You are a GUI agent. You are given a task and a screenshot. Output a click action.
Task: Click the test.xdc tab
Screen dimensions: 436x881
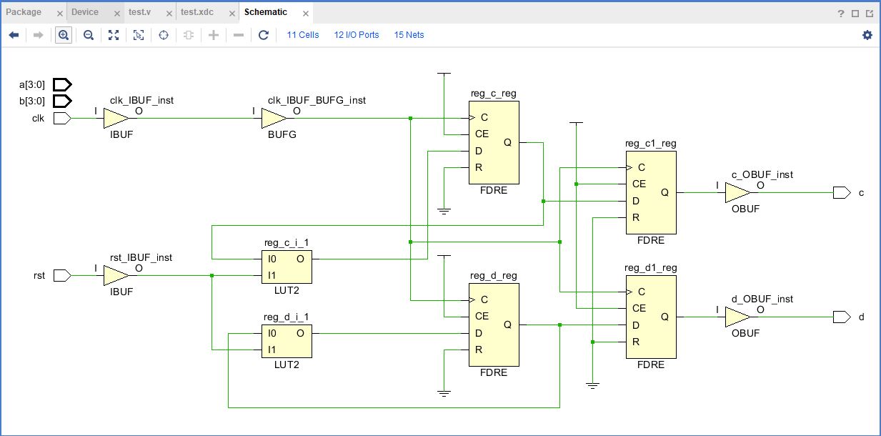point(200,12)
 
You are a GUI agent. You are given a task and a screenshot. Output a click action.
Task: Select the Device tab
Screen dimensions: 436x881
point(85,12)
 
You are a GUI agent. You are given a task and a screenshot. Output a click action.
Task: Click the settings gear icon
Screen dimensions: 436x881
point(867,35)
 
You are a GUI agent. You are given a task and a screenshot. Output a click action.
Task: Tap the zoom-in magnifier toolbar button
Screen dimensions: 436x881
point(64,35)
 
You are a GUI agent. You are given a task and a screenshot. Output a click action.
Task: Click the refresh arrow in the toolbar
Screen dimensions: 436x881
point(263,35)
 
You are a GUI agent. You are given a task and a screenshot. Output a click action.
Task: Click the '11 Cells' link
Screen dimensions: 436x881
point(303,35)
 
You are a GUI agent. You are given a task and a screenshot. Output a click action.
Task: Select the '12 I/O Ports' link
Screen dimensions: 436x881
point(357,35)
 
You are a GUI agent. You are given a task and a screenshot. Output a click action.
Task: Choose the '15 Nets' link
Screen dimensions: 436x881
point(409,35)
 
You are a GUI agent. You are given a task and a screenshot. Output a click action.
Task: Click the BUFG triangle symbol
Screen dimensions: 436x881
point(273,118)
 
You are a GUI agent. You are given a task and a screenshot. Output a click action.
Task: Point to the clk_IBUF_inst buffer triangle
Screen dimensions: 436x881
point(115,118)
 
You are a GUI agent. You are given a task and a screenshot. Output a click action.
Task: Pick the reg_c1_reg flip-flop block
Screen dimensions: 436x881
point(650,192)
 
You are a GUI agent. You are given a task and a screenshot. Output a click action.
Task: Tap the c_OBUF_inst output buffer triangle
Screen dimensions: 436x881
point(737,192)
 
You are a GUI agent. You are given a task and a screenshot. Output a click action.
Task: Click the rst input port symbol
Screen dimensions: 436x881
point(62,275)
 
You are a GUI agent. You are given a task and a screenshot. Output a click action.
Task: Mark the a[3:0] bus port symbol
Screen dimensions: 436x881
point(62,84)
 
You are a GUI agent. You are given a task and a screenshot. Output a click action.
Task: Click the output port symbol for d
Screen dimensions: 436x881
point(841,317)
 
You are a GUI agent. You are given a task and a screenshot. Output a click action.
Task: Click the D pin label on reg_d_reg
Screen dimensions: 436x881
point(478,333)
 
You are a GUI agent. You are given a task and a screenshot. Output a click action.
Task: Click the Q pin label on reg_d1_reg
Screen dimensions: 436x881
point(664,317)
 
